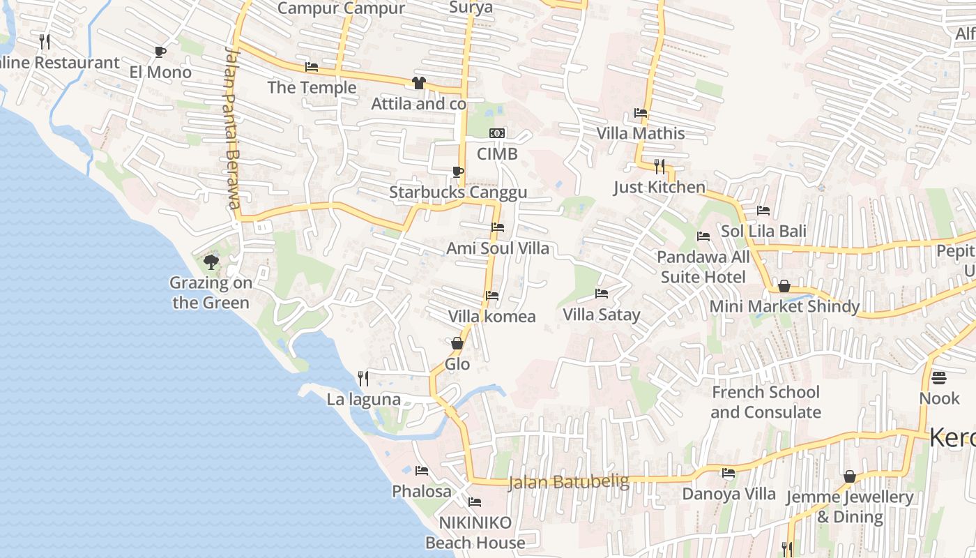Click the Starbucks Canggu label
click(x=458, y=193)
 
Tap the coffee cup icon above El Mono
click(x=160, y=52)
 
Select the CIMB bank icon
click(x=497, y=133)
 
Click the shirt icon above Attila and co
click(x=418, y=83)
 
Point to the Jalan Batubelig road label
click(x=569, y=482)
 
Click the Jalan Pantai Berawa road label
click(x=233, y=128)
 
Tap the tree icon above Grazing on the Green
click(x=211, y=262)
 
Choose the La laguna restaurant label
click(x=364, y=400)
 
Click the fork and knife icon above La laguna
click(x=363, y=379)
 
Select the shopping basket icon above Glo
click(x=457, y=343)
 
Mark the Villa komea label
click(x=492, y=317)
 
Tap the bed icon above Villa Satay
click(x=602, y=294)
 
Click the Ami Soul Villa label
click(x=498, y=248)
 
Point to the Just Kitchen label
click(x=659, y=187)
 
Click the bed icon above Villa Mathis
click(x=641, y=113)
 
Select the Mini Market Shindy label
click(x=784, y=306)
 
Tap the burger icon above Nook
click(x=939, y=378)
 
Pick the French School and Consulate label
click(x=765, y=402)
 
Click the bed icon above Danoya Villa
click(x=729, y=473)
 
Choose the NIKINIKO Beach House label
click(x=475, y=532)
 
